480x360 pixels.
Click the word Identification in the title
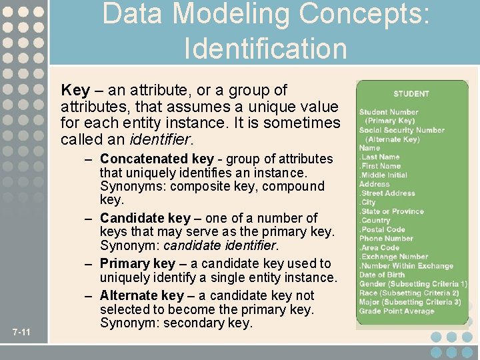click(265, 49)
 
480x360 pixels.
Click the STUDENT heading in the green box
click(411, 94)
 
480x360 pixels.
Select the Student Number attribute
click(389, 112)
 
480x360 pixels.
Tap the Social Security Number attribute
click(401, 130)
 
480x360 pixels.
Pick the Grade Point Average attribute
click(396, 311)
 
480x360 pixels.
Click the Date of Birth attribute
click(381, 275)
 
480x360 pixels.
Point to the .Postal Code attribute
click(382, 229)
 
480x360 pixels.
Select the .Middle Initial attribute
click(384, 175)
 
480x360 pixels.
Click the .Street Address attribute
click(387, 193)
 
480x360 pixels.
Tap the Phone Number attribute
click(386, 239)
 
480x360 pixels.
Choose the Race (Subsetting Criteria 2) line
click(409, 293)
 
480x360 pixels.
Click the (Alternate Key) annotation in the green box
click(392, 139)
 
